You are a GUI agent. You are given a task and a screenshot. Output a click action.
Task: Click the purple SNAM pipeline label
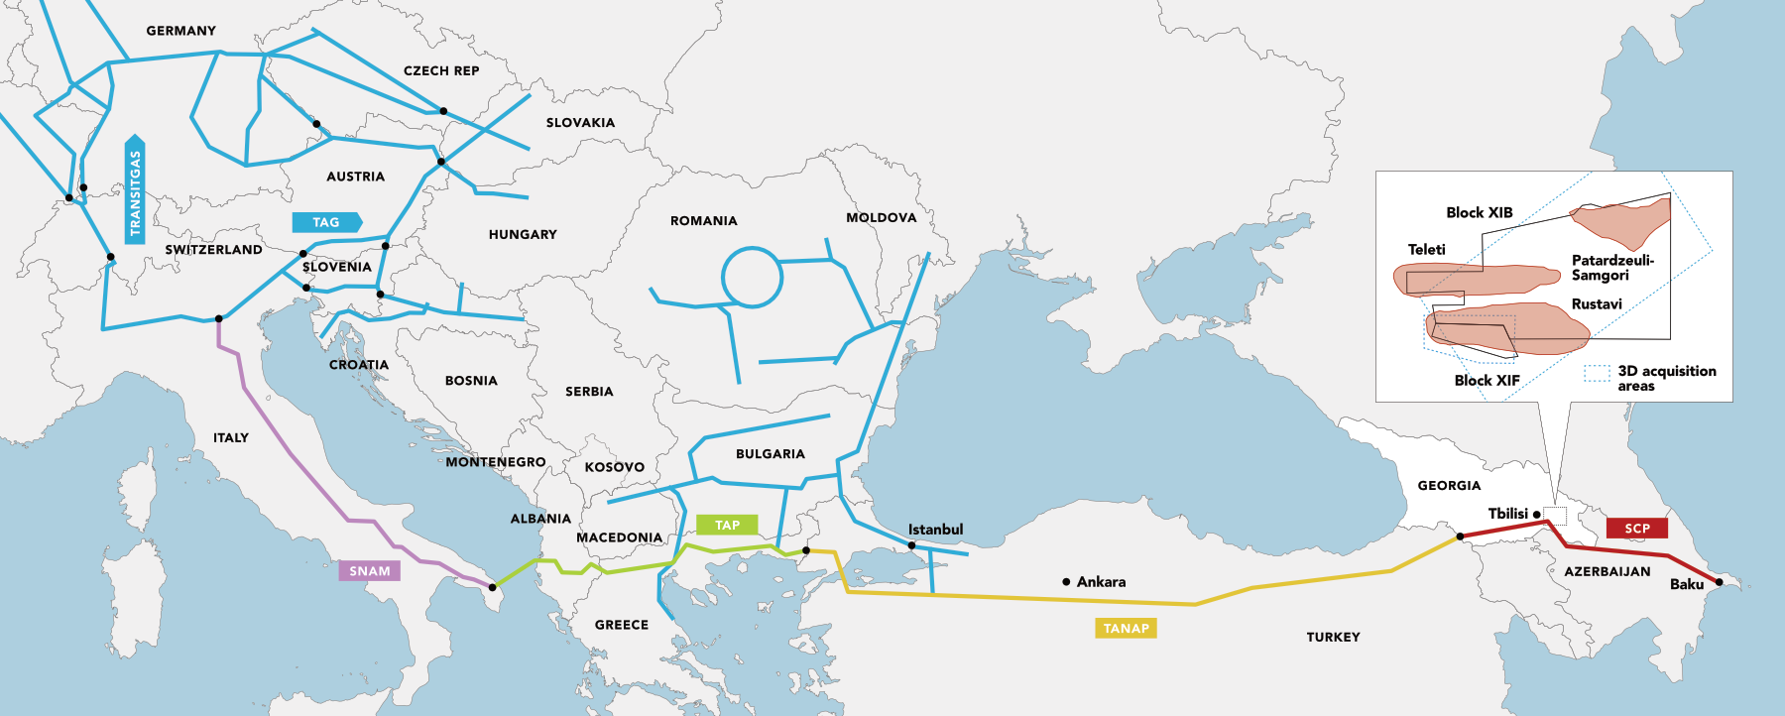click(x=369, y=571)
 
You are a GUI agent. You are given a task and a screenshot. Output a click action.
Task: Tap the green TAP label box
click(x=727, y=526)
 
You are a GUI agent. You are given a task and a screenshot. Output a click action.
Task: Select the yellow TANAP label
click(x=1126, y=629)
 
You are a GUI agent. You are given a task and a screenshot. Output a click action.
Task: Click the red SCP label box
click(x=1637, y=529)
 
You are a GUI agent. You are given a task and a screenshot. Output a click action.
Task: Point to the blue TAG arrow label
click(x=326, y=223)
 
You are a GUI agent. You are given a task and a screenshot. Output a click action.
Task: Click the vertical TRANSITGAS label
click(x=135, y=190)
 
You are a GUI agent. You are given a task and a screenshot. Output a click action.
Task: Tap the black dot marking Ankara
click(x=1066, y=582)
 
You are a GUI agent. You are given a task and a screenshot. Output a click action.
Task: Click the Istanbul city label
click(x=935, y=530)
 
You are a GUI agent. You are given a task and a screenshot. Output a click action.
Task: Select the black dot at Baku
click(x=1719, y=582)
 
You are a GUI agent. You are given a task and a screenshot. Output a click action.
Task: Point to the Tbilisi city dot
click(x=1536, y=514)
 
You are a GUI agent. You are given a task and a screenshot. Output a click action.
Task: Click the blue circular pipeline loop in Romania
click(x=752, y=277)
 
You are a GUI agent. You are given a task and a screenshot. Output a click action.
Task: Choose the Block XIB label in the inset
click(x=1479, y=213)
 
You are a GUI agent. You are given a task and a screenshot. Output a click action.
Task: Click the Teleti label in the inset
click(x=1426, y=250)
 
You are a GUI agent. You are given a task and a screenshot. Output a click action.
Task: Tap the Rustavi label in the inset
click(x=1596, y=304)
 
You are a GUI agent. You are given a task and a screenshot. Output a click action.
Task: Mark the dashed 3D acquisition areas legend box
click(x=1597, y=374)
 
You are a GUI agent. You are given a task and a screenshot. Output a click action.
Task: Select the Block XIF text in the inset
click(x=1487, y=381)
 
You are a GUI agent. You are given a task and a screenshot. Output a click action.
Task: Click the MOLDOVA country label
click(x=881, y=218)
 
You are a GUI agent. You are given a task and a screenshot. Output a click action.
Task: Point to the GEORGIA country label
click(x=1449, y=486)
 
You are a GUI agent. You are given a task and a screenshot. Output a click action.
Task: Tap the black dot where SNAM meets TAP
click(x=493, y=588)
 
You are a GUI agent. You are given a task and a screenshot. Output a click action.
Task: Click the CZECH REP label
click(x=441, y=71)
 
